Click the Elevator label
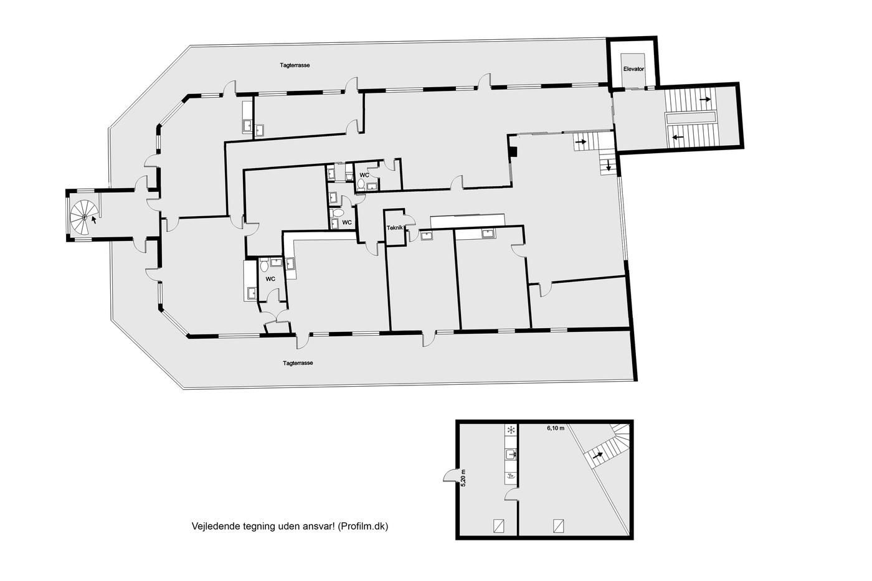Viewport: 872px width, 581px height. click(x=633, y=69)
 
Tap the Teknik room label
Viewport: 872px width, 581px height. click(x=395, y=228)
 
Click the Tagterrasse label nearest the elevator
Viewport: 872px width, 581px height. click(x=295, y=65)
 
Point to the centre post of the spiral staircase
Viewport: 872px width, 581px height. click(x=84, y=217)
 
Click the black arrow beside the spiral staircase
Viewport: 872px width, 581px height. click(x=94, y=220)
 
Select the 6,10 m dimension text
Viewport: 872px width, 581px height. click(x=556, y=428)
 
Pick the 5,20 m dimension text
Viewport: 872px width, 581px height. click(x=463, y=478)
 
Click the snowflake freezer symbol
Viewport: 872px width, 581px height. click(x=511, y=430)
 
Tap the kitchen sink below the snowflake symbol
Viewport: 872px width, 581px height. click(x=511, y=454)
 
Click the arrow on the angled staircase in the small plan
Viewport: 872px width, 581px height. click(x=597, y=455)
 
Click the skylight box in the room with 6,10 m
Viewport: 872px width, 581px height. click(x=559, y=526)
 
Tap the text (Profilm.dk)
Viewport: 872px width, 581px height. click(x=363, y=527)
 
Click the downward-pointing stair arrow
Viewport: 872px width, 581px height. click(x=608, y=166)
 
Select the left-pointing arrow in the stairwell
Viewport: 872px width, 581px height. click(x=678, y=137)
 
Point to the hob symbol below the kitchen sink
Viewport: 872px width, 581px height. click(x=511, y=476)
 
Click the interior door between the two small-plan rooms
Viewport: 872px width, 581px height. click(x=512, y=495)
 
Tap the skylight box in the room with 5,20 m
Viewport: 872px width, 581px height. click(x=499, y=526)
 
